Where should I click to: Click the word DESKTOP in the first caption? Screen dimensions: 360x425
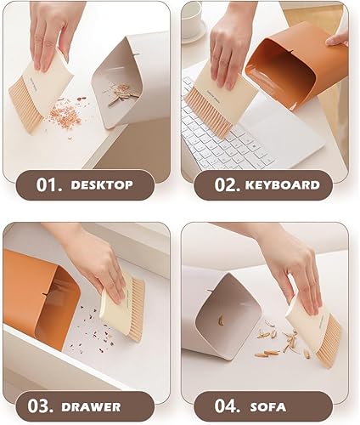pyautogui.click(x=102, y=185)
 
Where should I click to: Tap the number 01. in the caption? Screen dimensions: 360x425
pyautogui.click(x=49, y=184)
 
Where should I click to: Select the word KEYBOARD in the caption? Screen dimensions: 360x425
pyautogui.click(x=283, y=185)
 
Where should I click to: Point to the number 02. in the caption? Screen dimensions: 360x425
pyautogui.click(x=228, y=184)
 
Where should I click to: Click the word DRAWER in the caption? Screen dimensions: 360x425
pyautogui.click(x=91, y=407)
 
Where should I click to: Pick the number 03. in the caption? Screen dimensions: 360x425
pyautogui.click(x=41, y=406)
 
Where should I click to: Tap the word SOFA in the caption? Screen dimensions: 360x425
pyautogui.click(x=268, y=407)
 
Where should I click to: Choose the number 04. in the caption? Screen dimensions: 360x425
pyautogui.click(x=228, y=406)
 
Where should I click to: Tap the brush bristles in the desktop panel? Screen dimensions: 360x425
pyautogui.click(x=26, y=105)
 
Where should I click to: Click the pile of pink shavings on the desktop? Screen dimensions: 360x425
pyautogui.click(x=65, y=116)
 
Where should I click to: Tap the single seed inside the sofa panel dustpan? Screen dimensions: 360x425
pyautogui.click(x=221, y=320)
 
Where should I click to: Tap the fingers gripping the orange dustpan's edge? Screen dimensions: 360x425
pyautogui.click(x=338, y=39)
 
